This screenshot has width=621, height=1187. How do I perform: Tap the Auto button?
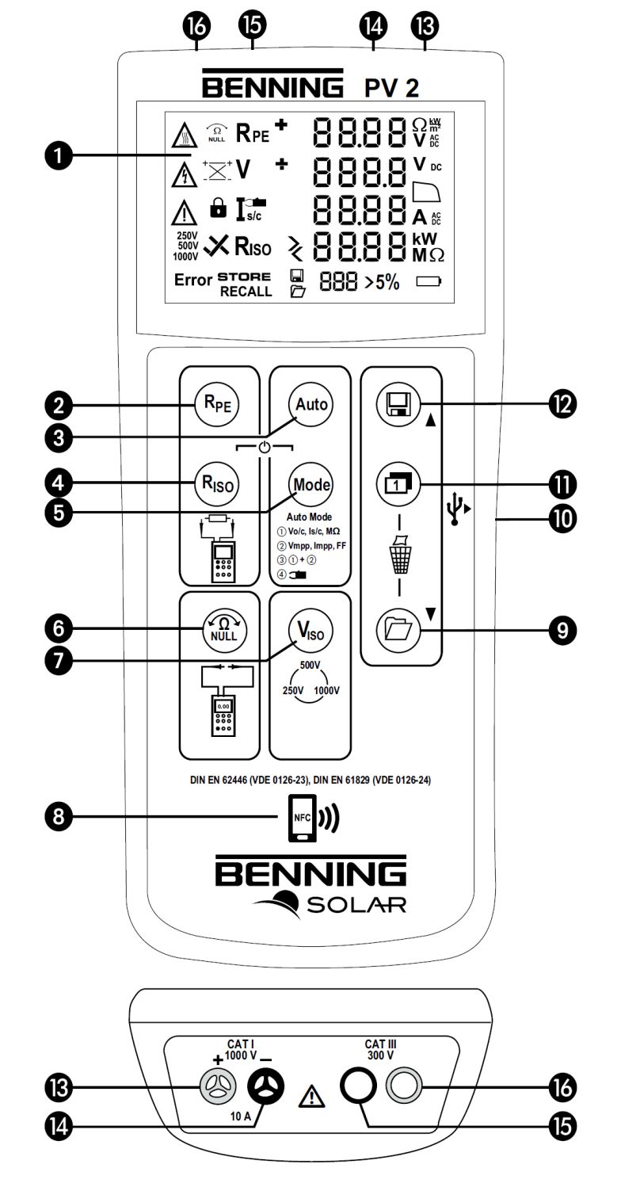coord(310,403)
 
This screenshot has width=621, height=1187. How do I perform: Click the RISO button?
coord(218,482)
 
